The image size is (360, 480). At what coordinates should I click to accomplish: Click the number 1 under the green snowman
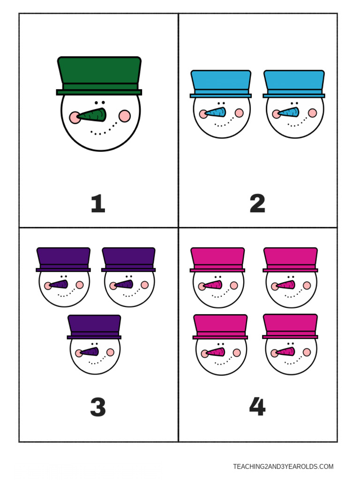(97, 204)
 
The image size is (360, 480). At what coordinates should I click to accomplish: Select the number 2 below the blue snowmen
(257, 204)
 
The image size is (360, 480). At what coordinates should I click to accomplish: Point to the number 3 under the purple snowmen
(98, 407)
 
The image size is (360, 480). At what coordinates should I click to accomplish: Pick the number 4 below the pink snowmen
(257, 407)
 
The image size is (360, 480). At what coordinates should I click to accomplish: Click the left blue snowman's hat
(221, 82)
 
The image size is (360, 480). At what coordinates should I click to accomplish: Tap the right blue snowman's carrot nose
(290, 112)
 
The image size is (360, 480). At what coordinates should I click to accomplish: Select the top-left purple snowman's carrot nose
(60, 284)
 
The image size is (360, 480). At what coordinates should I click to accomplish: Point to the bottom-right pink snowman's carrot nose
(286, 352)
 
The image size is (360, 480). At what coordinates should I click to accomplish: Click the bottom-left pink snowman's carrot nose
(215, 352)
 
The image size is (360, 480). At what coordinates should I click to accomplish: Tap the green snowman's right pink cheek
(125, 116)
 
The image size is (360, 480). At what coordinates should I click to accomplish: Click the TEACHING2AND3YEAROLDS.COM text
(283, 466)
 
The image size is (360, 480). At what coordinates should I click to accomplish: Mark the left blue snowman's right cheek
(239, 113)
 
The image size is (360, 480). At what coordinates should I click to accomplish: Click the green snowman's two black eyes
(99, 102)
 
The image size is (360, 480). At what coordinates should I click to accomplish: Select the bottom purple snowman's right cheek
(110, 352)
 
